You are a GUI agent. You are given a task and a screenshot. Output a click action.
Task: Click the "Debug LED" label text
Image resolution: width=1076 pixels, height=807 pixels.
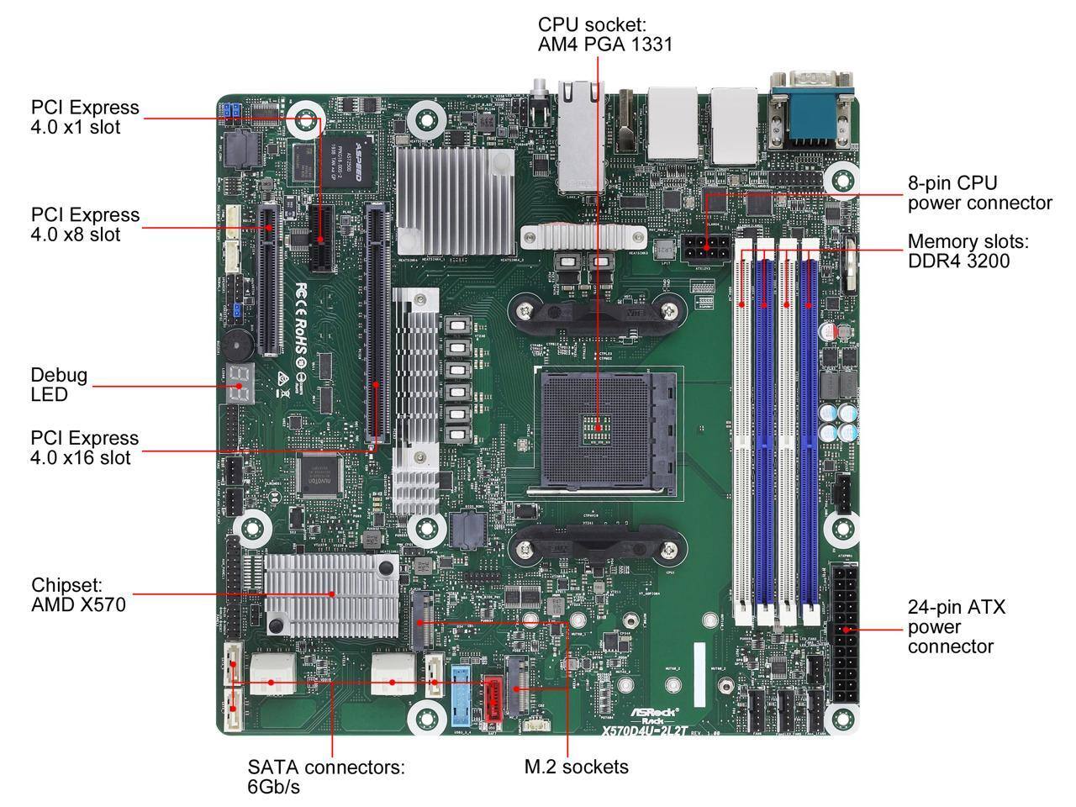59,385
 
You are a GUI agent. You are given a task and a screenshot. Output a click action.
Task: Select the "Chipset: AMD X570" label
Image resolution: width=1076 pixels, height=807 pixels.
78,594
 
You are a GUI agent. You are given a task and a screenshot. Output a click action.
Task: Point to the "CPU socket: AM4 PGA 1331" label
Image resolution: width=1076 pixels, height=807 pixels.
605,34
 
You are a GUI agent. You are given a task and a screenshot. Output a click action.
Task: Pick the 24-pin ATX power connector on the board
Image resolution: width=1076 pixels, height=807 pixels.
845,636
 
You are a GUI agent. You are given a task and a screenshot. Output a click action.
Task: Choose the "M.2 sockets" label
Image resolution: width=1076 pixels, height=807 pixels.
576,767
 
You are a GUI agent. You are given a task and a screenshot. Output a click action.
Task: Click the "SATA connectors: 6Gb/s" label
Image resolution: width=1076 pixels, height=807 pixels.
326,777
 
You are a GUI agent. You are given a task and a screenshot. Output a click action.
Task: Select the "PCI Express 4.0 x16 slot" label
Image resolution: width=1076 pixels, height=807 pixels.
85,448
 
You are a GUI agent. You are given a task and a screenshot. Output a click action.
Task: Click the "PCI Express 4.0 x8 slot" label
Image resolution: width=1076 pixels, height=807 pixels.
85,224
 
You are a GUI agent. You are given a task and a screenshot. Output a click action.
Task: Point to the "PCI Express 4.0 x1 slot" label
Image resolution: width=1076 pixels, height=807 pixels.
85,117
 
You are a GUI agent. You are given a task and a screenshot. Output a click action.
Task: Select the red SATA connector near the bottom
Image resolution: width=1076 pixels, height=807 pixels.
492,698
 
